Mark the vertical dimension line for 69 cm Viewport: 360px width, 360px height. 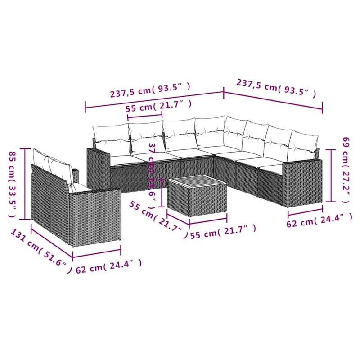332,175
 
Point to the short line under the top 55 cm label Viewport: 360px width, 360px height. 145,116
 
